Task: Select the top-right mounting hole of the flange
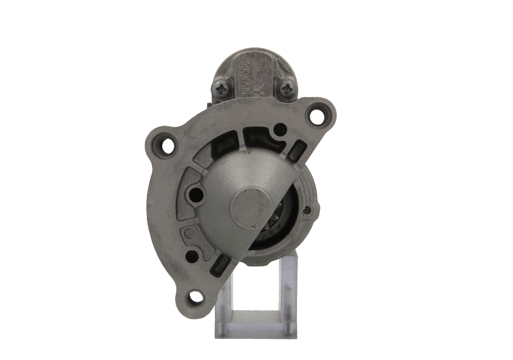coord(316,116)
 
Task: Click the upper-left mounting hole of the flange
coord(167,146)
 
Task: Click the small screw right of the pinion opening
coord(307,210)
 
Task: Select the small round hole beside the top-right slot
coord(280,130)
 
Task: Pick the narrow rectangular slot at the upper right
coord(296,153)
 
